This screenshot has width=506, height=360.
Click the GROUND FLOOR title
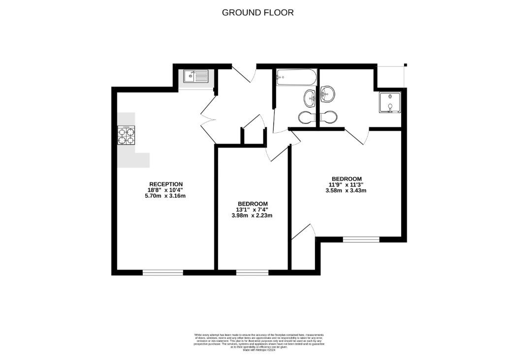tap(257, 13)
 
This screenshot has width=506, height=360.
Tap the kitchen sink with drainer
tap(196, 76)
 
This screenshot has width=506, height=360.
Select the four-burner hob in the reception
tap(126, 135)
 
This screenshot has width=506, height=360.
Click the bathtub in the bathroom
tap(295, 77)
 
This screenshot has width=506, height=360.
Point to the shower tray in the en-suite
tap(390, 102)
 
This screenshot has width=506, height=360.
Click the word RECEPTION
tap(166, 184)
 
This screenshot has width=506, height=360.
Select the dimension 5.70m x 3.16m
tap(166, 196)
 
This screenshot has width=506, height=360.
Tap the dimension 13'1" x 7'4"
tap(253, 210)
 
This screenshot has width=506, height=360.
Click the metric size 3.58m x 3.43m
tap(347, 190)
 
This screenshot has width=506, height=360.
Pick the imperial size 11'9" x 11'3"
tap(347, 185)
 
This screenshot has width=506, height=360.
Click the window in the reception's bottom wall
tap(162, 272)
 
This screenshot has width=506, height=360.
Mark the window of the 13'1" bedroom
tap(252, 272)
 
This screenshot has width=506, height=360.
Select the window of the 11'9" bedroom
tap(361, 240)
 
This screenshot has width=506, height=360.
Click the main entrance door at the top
tap(245, 73)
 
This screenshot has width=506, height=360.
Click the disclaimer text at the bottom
tap(253, 339)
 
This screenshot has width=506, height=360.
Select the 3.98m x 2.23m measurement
tap(253, 215)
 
